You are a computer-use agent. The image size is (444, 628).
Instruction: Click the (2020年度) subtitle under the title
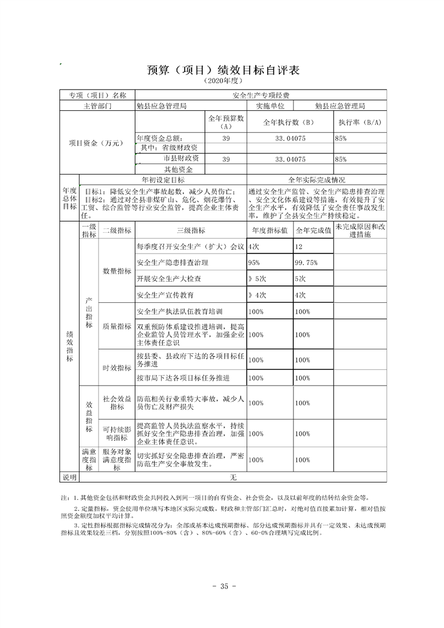tap(223, 82)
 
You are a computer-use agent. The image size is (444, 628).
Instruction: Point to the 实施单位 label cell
tap(271, 105)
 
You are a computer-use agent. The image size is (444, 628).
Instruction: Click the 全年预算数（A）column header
tap(226, 121)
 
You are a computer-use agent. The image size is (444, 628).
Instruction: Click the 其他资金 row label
tap(178, 169)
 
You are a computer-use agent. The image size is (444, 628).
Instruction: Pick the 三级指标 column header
tap(190, 230)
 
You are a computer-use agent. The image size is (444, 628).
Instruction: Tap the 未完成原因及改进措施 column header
tap(360, 230)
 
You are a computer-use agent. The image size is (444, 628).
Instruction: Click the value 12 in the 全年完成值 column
tap(298, 246)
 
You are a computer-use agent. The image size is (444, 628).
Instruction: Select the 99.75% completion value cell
tap(306, 263)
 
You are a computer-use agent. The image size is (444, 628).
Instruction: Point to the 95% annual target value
tap(254, 263)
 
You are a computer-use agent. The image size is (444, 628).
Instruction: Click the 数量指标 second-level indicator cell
tap(116, 270)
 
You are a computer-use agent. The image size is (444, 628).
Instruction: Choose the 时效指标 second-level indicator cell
tap(116, 368)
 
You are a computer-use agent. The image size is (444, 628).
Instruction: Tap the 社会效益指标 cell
tap(116, 402)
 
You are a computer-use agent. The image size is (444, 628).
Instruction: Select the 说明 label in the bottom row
tap(69, 477)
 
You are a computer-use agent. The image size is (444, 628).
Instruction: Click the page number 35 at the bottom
tap(222, 586)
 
